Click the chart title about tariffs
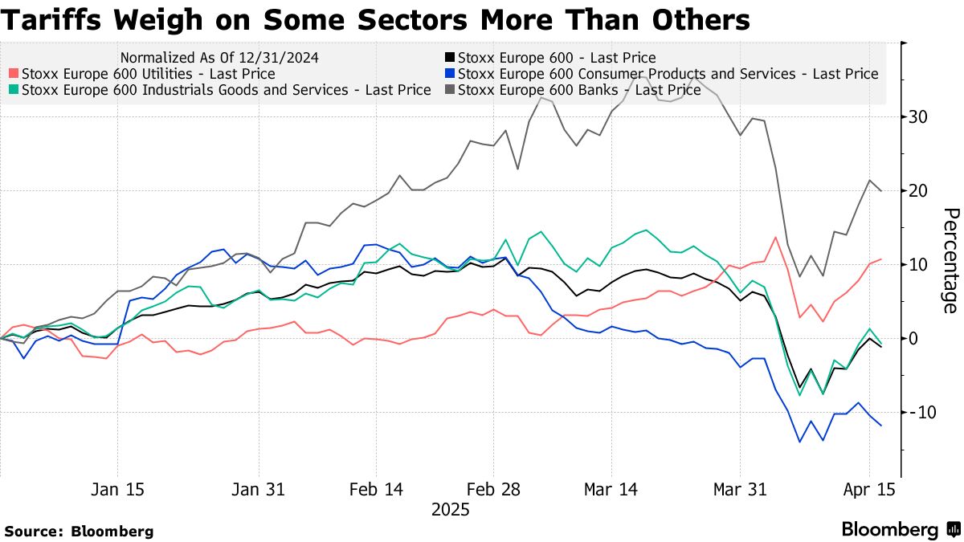[375, 20]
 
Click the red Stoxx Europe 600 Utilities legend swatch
[14, 74]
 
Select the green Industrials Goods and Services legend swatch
[14, 90]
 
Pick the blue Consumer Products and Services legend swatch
[450, 74]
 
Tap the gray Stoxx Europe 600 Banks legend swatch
[450, 90]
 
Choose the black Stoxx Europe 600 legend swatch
[450, 58]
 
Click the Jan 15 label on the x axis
[118, 489]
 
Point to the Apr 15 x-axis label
[868, 489]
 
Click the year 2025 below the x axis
[450, 509]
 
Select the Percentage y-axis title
[950, 260]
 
